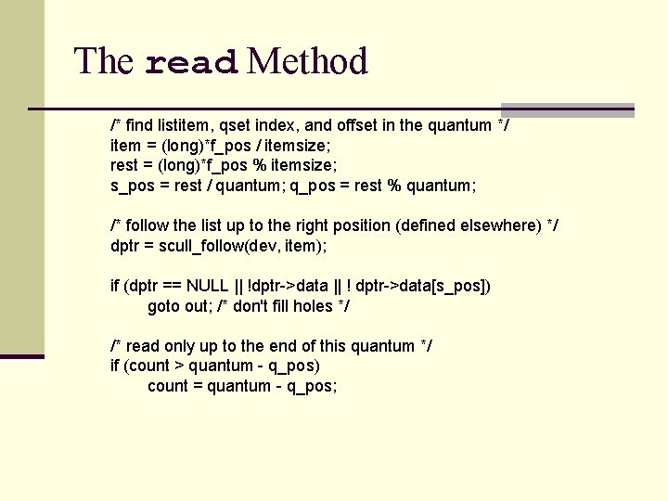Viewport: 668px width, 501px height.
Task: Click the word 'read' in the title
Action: (x=193, y=62)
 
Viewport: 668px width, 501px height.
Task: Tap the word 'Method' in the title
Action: (x=308, y=62)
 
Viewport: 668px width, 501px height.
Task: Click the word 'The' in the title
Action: (x=104, y=62)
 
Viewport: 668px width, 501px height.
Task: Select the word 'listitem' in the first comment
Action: (x=186, y=125)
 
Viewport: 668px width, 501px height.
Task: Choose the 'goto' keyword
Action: (x=164, y=306)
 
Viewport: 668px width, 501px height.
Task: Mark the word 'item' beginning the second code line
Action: (x=125, y=146)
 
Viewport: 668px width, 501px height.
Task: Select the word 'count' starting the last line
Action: (x=168, y=386)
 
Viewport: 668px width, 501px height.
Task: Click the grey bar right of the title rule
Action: (x=568, y=109)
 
